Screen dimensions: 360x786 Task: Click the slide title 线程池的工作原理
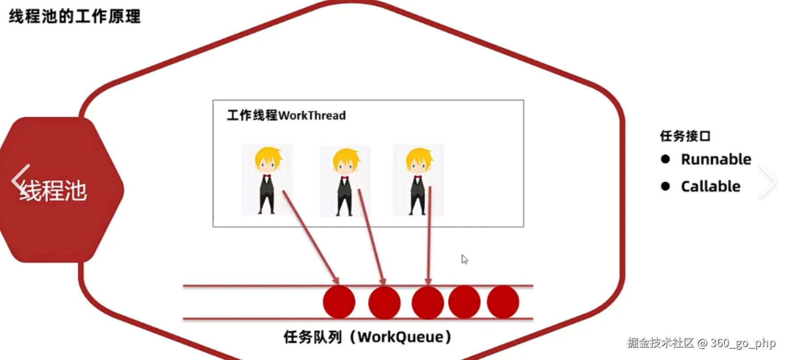(75, 17)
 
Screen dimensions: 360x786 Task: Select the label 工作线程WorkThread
(286, 115)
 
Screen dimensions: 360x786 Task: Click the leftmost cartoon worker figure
(267, 180)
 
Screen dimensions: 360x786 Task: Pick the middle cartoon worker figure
(345, 181)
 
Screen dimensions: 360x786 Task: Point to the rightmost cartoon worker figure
(418, 180)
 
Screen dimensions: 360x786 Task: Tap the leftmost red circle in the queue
(339, 302)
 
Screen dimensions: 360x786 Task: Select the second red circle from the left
(384, 303)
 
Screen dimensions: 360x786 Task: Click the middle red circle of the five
(427, 303)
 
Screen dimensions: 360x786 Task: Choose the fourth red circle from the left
(464, 302)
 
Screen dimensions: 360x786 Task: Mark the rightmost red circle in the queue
(503, 302)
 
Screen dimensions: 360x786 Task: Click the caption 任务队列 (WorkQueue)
(367, 337)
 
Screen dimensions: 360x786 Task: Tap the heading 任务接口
(685, 136)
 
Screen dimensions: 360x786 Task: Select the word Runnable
(716, 159)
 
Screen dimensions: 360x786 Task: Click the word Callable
(711, 186)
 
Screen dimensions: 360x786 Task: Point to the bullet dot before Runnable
(665, 159)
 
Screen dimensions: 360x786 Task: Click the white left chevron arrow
(20, 181)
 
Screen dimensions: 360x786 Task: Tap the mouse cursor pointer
(464, 260)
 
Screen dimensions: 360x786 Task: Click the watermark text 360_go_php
(743, 343)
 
